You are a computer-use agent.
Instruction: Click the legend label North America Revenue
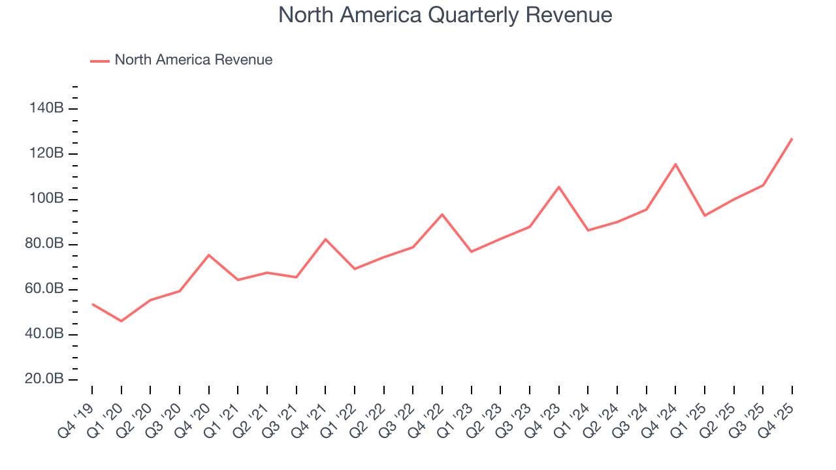point(193,60)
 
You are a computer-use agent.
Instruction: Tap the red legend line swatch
point(99,61)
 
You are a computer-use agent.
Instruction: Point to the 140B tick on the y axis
point(46,108)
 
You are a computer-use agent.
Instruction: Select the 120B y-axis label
point(46,153)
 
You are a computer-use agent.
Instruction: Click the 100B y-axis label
point(46,198)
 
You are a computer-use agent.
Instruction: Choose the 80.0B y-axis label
point(44,244)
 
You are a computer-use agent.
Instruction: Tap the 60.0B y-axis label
point(44,289)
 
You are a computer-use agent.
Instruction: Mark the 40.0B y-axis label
point(44,334)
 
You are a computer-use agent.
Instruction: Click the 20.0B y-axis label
point(44,379)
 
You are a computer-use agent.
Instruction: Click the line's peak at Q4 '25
point(792,138)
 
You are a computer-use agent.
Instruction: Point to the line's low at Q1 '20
point(121,321)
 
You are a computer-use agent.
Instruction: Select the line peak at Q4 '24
point(675,164)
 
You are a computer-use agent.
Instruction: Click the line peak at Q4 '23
point(559,187)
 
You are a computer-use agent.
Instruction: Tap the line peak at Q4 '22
point(442,214)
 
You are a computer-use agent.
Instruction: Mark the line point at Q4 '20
point(208,255)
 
